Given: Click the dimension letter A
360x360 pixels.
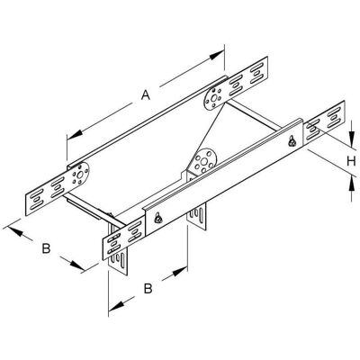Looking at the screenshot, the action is (x=146, y=95).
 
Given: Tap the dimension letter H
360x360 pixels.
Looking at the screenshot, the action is (x=351, y=161).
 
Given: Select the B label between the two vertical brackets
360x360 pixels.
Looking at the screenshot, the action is (x=148, y=289).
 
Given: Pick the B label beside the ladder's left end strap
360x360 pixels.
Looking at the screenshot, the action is (x=46, y=248).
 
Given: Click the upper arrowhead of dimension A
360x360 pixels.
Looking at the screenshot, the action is (x=217, y=55).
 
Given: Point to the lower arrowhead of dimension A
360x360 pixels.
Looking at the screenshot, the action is (x=74, y=134).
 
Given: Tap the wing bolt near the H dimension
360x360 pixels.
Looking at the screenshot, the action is (x=292, y=141).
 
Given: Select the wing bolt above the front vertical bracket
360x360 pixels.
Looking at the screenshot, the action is (x=158, y=218).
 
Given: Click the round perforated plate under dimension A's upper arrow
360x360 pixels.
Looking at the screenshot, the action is (x=214, y=98).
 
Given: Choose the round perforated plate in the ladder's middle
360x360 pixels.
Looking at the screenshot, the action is (x=204, y=163).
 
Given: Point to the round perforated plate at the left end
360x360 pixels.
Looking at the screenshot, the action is (x=79, y=175).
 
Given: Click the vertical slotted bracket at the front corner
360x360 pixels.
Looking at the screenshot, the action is (x=118, y=255).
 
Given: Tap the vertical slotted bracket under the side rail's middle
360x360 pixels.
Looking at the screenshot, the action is (x=196, y=214).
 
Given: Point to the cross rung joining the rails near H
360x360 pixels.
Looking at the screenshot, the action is (x=254, y=116).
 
